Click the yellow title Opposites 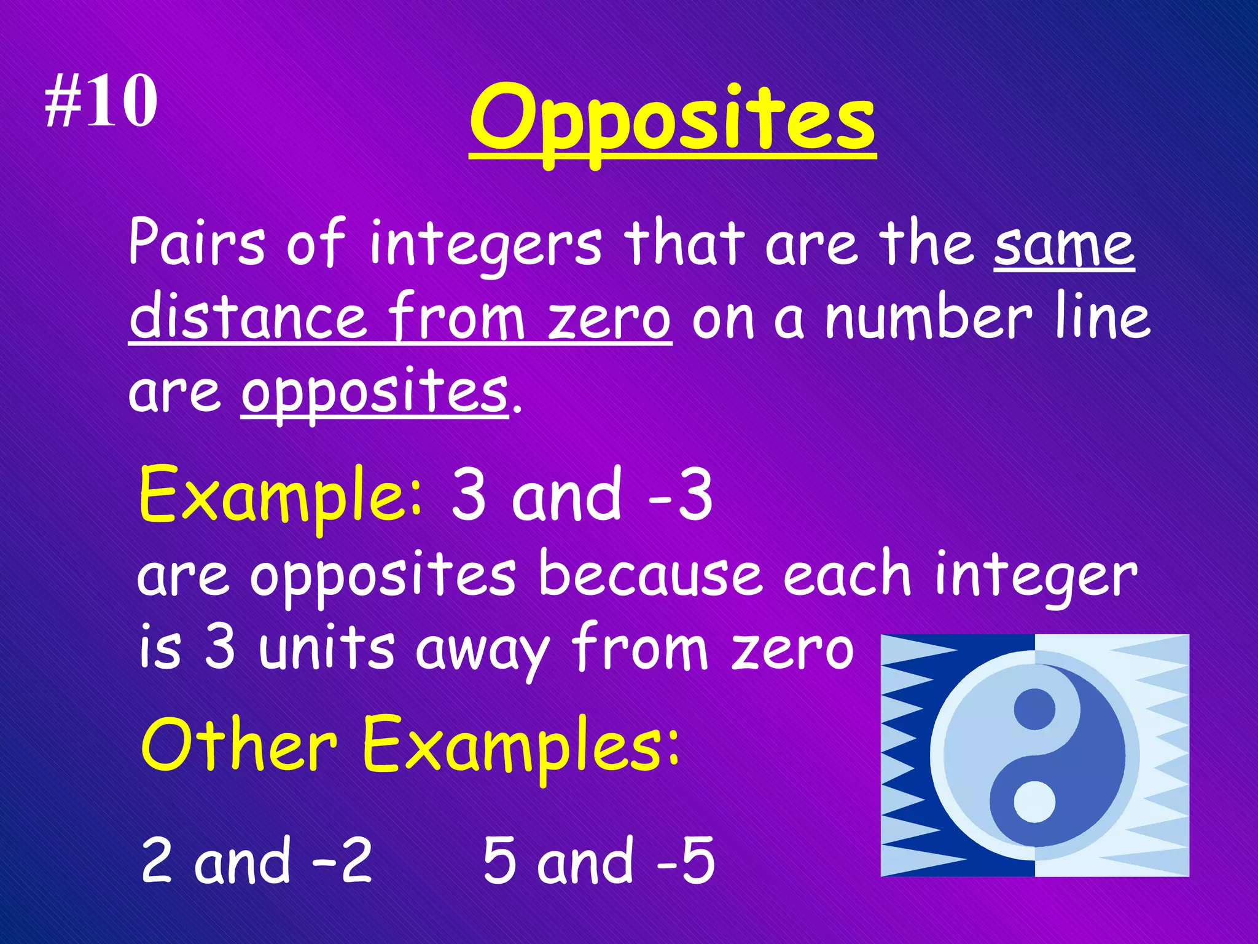tap(673, 120)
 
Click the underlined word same tap(1064, 246)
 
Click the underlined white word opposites tap(375, 393)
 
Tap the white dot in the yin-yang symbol tap(1034, 802)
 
